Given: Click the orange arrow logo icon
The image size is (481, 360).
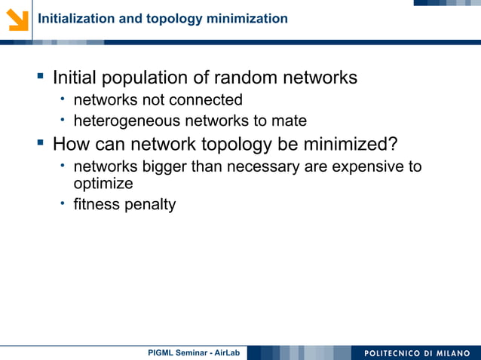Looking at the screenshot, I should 16,18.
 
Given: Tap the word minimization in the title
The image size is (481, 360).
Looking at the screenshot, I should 249,18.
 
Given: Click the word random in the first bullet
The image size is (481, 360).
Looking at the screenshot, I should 246,78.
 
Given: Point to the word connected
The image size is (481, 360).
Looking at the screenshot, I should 204,100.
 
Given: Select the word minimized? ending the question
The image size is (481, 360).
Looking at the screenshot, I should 348,143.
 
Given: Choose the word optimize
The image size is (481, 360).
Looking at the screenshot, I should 103,184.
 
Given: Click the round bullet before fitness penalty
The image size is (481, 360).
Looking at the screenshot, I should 65,204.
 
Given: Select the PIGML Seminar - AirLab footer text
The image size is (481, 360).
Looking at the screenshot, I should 194,352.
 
